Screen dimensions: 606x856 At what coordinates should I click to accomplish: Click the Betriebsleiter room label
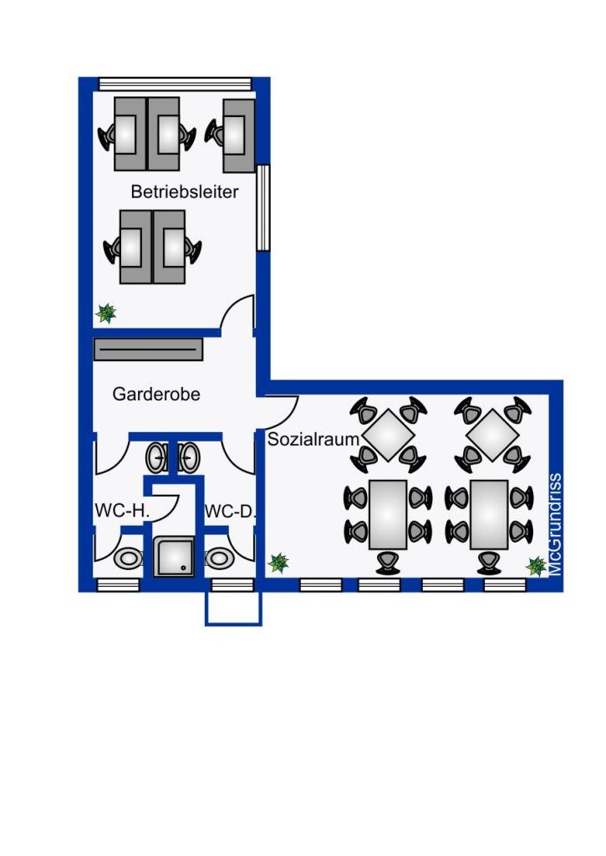[x=185, y=191]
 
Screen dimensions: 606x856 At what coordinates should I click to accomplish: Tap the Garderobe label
[x=156, y=394]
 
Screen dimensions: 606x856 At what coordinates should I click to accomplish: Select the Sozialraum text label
[x=313, y=439]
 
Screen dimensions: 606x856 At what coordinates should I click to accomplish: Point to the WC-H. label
[x=122, y=511]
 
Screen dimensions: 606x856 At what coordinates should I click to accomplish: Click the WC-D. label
[x=230, y=512]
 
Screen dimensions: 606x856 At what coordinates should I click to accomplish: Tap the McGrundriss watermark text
[x=555, y=525]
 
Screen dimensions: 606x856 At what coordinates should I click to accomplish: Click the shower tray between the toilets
[x=174, y=556]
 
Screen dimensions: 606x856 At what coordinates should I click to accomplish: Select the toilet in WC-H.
[x=129, y=558]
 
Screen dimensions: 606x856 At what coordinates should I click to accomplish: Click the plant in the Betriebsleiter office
[x=105, y=313]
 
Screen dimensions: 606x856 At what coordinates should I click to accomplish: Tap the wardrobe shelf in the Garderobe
[x=149, y=349]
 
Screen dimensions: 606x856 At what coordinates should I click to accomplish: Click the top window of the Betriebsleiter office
[x=175, y=84]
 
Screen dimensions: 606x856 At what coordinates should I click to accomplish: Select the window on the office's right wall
[x=263, y=207]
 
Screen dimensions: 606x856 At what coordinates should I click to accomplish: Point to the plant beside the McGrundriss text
[x=536, y=567]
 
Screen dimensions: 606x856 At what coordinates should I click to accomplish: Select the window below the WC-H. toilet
[x=119, y=585]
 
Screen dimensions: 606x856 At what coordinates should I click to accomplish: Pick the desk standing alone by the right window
[x=239, y=135]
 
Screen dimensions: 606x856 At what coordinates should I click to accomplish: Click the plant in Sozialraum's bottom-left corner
[x=278, y=563]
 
